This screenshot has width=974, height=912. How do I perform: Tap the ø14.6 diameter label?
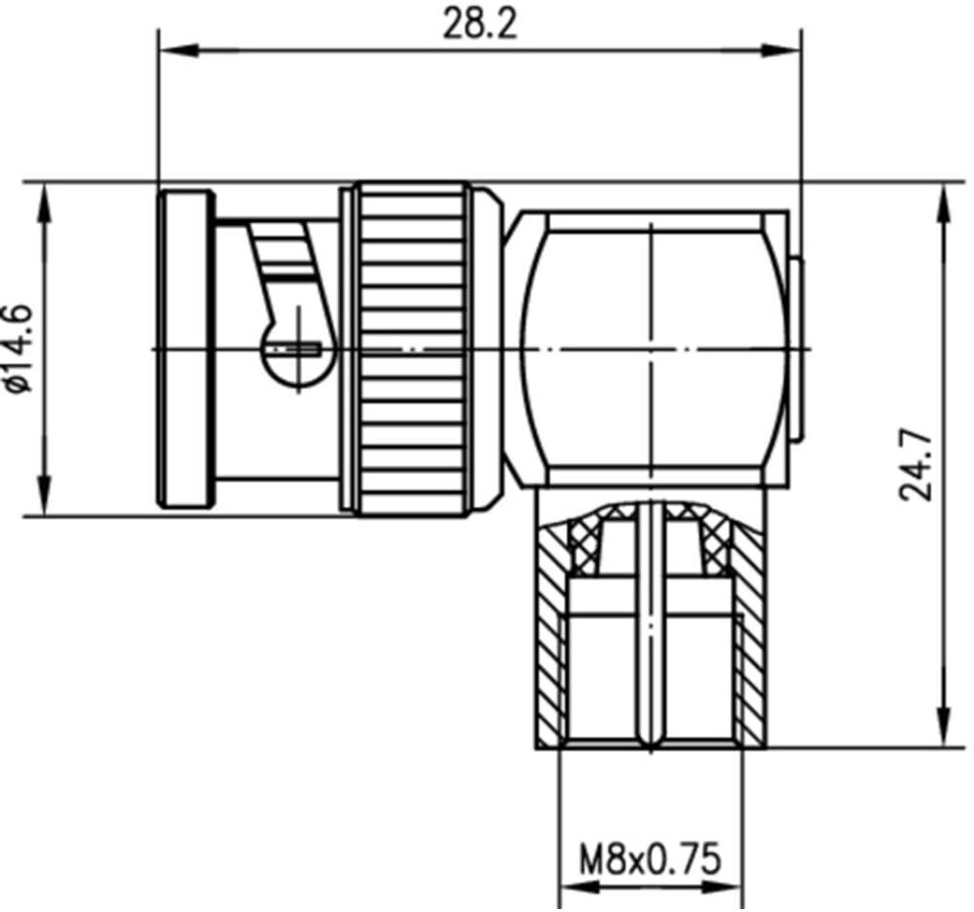click(17, 349)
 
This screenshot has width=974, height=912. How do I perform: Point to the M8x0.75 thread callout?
click(650, 859)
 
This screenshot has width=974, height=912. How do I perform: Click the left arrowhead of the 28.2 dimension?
click(178, 51)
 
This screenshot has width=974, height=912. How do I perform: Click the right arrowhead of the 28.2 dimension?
click(781, 51)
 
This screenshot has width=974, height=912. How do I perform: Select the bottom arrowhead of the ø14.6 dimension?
click(44, 495)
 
